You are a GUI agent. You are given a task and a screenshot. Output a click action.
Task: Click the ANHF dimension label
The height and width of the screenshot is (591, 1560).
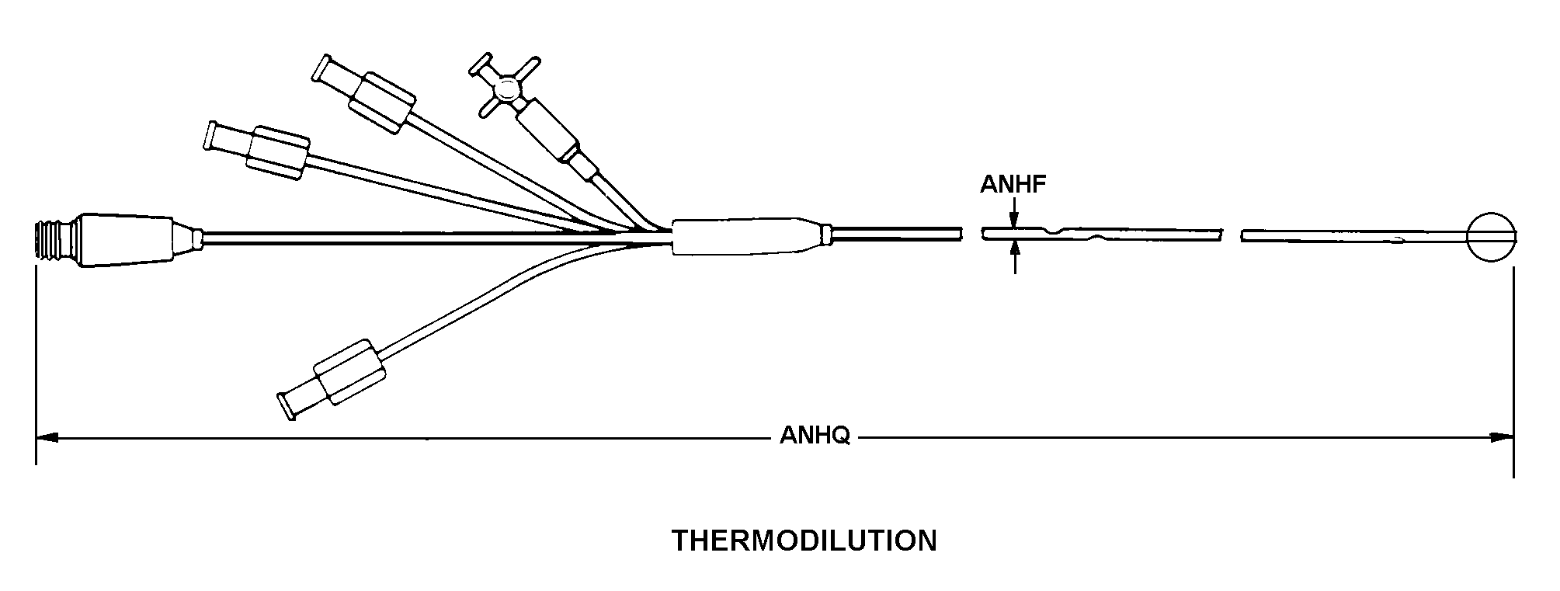pos(1013,184)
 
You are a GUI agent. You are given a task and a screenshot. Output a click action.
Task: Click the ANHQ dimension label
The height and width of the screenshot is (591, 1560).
pos(815,436)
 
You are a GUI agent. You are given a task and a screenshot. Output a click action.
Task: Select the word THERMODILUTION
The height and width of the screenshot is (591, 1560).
pos(804,541)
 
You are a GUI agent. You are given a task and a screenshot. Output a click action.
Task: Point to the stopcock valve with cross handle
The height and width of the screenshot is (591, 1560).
pos(504,87)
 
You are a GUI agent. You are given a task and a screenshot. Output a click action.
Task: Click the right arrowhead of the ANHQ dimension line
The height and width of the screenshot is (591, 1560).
pos(1502,437)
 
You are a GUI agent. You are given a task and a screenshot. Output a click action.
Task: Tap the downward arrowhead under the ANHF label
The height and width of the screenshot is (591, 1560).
pos(1014,221)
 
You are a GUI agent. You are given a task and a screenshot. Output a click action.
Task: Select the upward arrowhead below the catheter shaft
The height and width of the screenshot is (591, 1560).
pos(1014,249)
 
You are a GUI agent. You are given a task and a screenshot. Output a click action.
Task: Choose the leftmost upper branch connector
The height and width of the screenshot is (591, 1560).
pos(255,150)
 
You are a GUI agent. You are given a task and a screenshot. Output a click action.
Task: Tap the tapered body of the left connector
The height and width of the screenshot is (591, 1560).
pos(136,240)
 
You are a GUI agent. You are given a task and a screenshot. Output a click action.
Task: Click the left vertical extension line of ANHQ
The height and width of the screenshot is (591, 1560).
pos(36,365)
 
